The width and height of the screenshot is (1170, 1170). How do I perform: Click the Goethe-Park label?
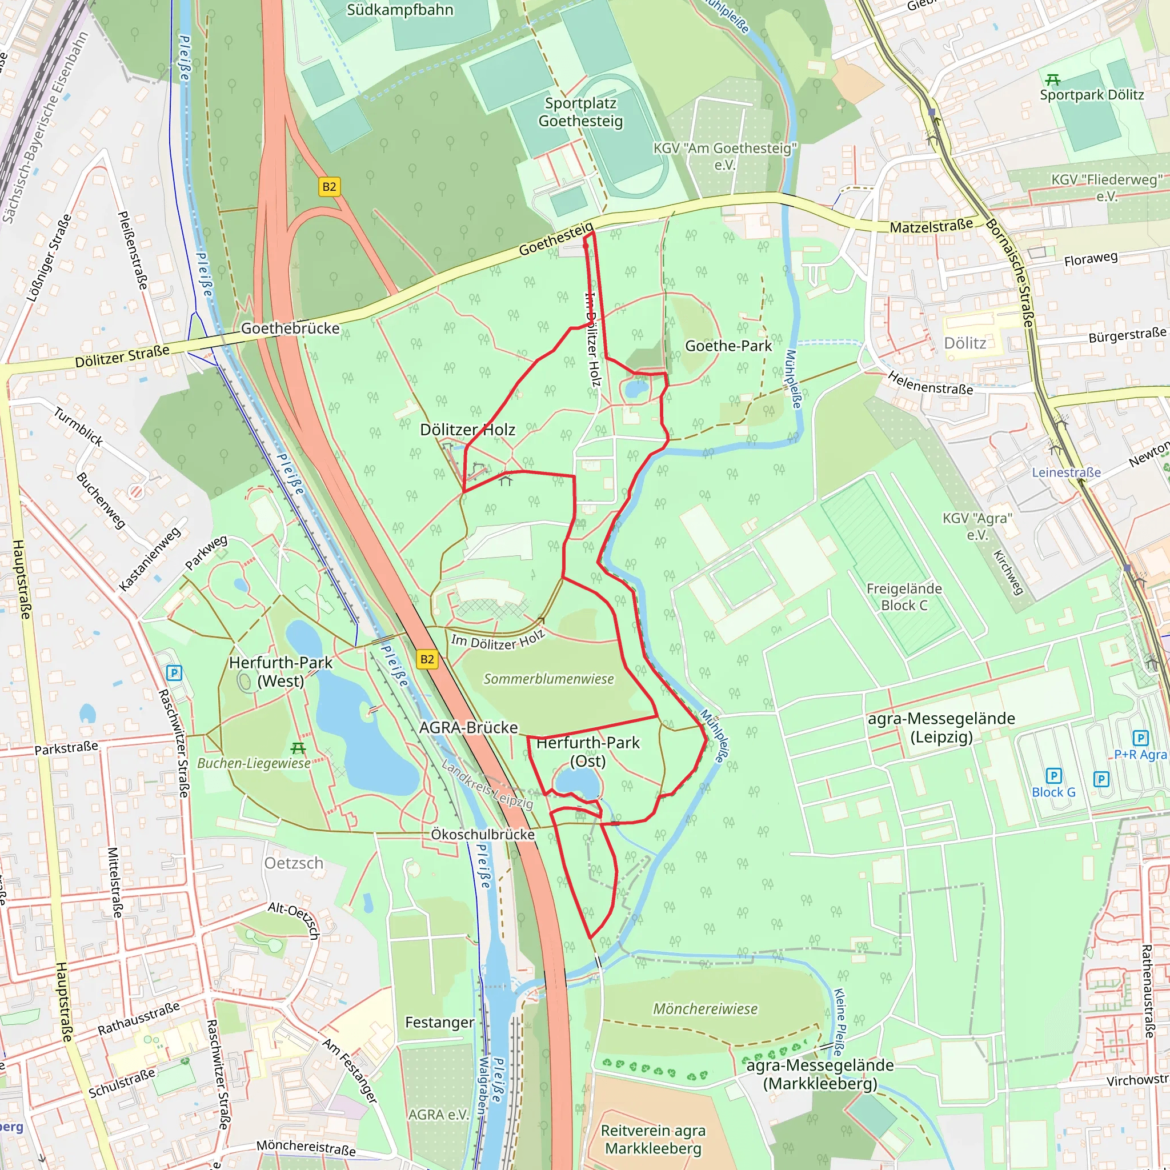[728, 346]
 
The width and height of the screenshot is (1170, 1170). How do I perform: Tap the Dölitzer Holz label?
[467, 430]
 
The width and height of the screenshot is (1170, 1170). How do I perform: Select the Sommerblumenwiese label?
[548, 679]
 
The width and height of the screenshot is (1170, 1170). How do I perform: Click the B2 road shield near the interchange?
[329, 186]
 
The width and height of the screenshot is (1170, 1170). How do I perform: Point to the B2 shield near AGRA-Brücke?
[427, 659]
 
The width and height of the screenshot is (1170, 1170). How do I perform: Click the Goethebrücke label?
[290, 328]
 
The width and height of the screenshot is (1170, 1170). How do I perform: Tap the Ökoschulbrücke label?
[483, 835]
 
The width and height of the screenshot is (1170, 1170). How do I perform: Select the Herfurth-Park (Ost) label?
[587, 752]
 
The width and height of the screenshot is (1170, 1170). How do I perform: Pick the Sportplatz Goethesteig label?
[580, 112]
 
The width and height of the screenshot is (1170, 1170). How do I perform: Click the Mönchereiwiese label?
[705, 1009]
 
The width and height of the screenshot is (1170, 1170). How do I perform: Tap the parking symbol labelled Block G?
[1053, 776]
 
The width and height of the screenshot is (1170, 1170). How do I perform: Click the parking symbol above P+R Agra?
[1140, 738]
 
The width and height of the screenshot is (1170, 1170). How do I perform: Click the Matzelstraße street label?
[931, 226]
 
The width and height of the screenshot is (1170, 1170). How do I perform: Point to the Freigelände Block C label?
[904, 596]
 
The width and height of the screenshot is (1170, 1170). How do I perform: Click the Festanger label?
[439, 1022]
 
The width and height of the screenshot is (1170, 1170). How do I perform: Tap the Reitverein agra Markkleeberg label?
[653, 1139]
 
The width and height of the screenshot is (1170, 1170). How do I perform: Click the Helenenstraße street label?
[930, 383]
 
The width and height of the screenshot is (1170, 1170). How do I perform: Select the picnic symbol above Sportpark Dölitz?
[1052, 79]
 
